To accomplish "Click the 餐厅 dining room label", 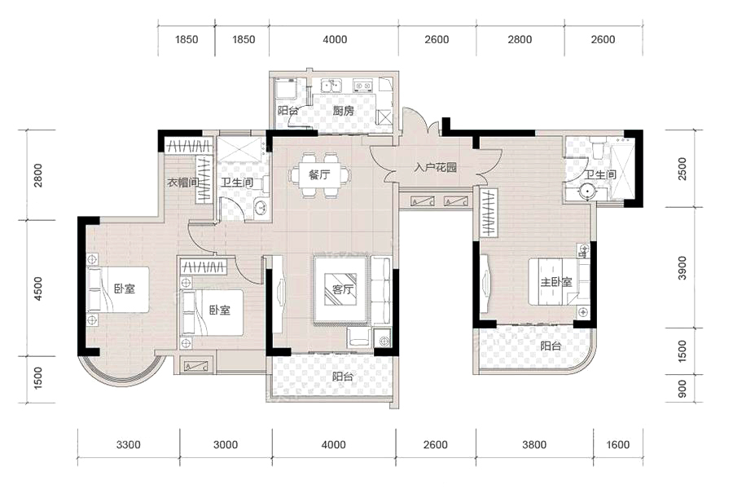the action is click(319, 175).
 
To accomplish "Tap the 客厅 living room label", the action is click(343, 289).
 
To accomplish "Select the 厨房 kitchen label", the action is click(343, 111).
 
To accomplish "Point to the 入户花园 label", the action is click(435, 168).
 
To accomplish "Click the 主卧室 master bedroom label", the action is click(556, 282).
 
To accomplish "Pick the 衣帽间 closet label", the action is click(183, 183).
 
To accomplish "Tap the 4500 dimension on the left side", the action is click(38, 289).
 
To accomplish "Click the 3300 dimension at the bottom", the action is click(129, 444).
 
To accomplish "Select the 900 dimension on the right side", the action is click(682, 389).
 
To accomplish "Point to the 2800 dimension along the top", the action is click(520, 39).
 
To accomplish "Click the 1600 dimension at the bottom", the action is click(618, 444).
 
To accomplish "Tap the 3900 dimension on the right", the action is click(682, 267).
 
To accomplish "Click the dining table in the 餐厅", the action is click(319, 175).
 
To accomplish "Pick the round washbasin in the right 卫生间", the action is click(586, 192).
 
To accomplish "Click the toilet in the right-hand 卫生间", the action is click(599, 147).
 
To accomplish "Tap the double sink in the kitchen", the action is click(331, 86).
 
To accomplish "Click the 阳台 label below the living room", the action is click(343, 377).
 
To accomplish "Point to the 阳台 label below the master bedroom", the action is click(551, 346).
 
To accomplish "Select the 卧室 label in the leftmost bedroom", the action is click(125, 289).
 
